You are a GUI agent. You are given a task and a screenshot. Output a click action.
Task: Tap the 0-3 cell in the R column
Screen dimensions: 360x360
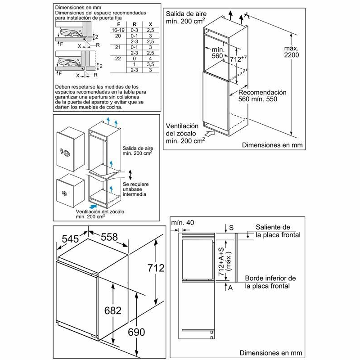point(134,29)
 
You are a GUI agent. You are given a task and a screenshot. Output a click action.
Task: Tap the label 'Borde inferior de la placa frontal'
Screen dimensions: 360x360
point(270,282)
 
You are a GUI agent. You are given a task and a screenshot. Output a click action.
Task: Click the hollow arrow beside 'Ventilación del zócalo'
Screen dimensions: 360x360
point(210,133)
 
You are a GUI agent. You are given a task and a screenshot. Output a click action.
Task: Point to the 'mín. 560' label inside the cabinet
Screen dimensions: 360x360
point(218,52)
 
